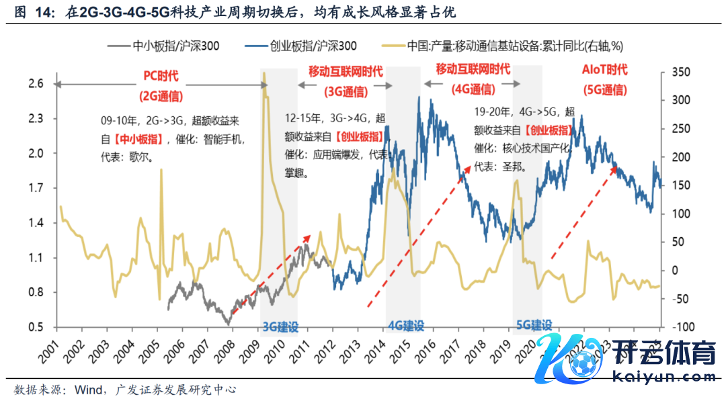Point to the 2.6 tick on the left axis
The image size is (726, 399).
tap(36, 83)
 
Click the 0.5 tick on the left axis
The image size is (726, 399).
tap(36, 327)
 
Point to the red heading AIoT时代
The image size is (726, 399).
tap(604, 70)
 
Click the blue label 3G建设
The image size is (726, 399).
tap(280, 327)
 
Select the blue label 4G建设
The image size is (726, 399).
tap(406, 326)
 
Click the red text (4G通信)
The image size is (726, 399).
tap(473, 89)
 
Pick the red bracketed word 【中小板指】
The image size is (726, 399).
tap(136, 140)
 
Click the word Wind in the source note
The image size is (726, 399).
tap(89, 389)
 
